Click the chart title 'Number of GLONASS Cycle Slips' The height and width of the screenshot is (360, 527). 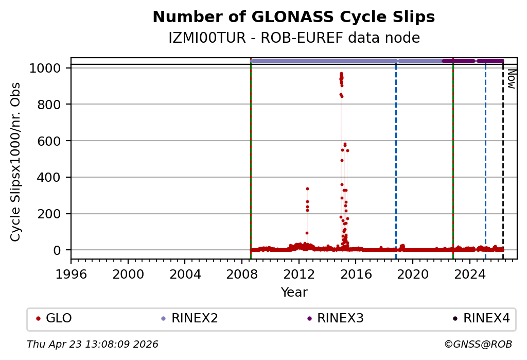click(294, 17)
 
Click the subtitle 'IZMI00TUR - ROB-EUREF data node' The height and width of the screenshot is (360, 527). click(294, 38)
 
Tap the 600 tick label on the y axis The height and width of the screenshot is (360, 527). click(50, 141)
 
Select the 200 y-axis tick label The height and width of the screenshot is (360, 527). click(50, 214)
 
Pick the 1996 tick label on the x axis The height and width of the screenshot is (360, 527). click(71, 273)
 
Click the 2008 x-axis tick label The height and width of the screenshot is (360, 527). click(242, 273)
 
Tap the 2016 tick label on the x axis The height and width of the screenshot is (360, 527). click(356, 273)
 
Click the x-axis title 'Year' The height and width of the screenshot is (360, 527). click(294, 293)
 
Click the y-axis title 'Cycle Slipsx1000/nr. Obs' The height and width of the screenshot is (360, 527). click(16, 162)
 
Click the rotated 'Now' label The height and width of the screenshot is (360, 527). click(512, 79)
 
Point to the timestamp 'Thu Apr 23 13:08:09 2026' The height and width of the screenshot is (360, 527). click(93, 344)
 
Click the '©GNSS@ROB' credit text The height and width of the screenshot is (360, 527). click(480, 344)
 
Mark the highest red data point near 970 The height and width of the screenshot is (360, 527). click(341, 74)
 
